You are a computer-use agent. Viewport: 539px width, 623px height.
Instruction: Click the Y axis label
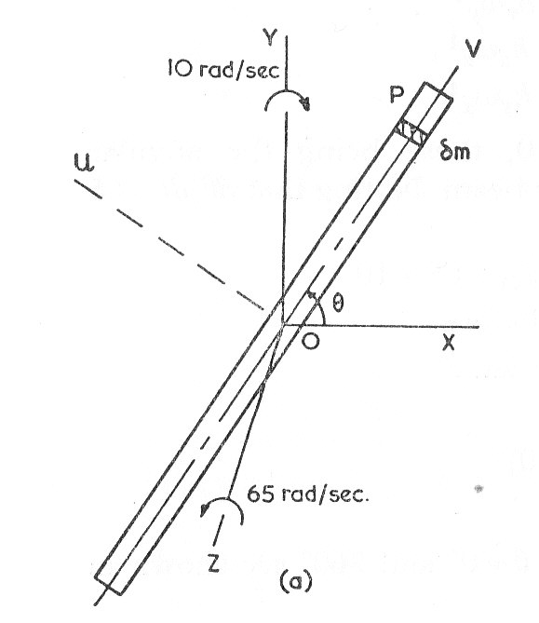271,38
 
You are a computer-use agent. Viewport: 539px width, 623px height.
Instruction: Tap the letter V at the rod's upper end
473,48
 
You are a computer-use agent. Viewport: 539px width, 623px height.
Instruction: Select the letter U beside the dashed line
84,163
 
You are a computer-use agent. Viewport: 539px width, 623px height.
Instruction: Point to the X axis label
449,343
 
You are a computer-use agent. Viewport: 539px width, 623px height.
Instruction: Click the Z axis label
214,563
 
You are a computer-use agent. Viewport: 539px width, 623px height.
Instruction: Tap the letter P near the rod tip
397,95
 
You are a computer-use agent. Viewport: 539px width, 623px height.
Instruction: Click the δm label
455,152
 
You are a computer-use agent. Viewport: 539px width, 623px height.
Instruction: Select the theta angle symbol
338,304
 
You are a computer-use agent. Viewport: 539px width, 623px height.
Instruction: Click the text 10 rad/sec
223,70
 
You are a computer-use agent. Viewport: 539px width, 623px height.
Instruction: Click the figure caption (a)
296,582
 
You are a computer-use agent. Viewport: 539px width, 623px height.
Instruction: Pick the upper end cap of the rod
437,89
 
